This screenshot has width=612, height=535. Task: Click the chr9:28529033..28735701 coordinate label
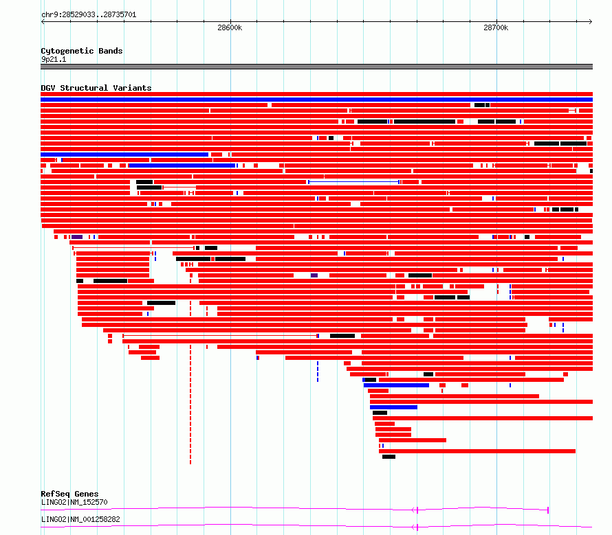[89, 15]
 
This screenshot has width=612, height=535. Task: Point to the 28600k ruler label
[230, 27]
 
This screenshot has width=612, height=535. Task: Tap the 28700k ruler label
[496, 27]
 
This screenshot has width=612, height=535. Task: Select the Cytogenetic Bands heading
[82, 51]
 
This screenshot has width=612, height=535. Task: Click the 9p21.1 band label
[54, 59]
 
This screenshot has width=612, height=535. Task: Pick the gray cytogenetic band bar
[316, 67]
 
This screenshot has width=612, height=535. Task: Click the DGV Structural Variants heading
[96, 88]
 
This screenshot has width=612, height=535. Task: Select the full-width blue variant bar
[316, 100]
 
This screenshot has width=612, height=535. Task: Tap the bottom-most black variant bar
[389, 457]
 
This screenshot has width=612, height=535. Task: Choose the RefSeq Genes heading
[69, 494]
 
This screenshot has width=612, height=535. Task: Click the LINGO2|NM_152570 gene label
[74, 502]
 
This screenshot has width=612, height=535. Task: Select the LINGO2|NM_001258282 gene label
[80, 519]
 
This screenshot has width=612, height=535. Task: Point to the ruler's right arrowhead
[591, 22]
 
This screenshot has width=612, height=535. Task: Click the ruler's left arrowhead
[43, 22]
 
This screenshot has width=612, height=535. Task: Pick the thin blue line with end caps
[353, 182]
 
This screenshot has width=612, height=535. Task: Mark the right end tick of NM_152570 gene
[548, 510]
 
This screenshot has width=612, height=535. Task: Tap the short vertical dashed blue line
[318, 372]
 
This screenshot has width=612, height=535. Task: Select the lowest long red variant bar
[477, 451]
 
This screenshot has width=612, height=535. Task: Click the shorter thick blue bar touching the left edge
[124, 155]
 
